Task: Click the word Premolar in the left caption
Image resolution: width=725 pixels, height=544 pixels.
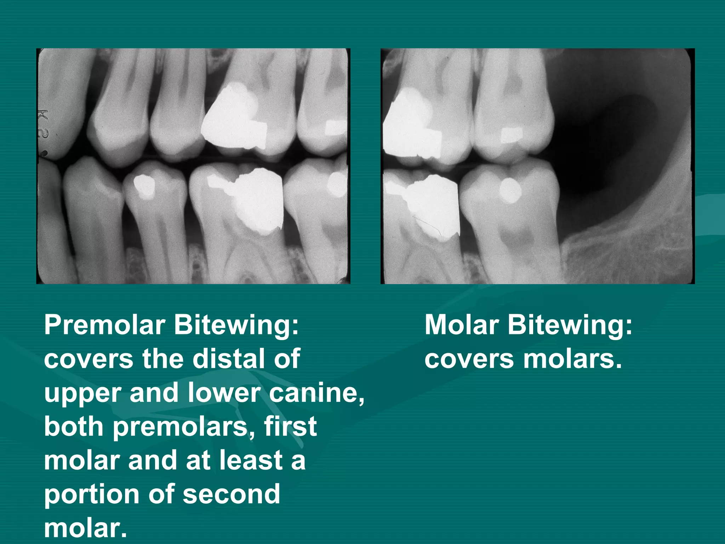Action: (x=105, y=325)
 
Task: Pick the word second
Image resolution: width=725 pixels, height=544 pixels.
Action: (x=232, y=494)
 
